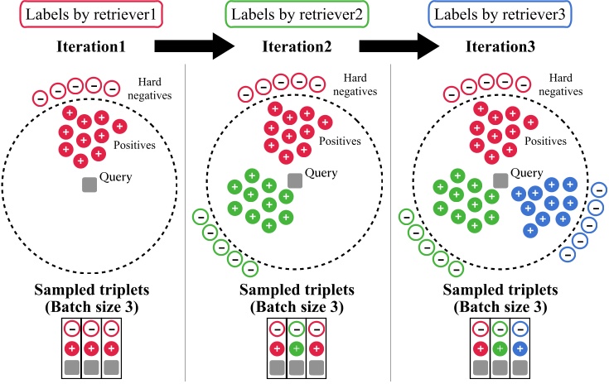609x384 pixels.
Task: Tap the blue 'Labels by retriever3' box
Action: [x=500, y=16]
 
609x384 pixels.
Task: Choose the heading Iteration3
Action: [x=500, y=48]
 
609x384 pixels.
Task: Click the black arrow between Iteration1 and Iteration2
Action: [x=196, y=46]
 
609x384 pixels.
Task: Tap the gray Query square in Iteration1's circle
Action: [x=89, y=185]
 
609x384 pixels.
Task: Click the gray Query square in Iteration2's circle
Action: [x=295, y=180]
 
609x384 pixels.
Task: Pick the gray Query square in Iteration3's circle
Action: [x=500, y=180]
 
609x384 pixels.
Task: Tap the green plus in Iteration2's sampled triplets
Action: [x=296, y=348]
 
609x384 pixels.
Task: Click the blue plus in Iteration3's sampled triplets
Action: [x=520, y=348]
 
